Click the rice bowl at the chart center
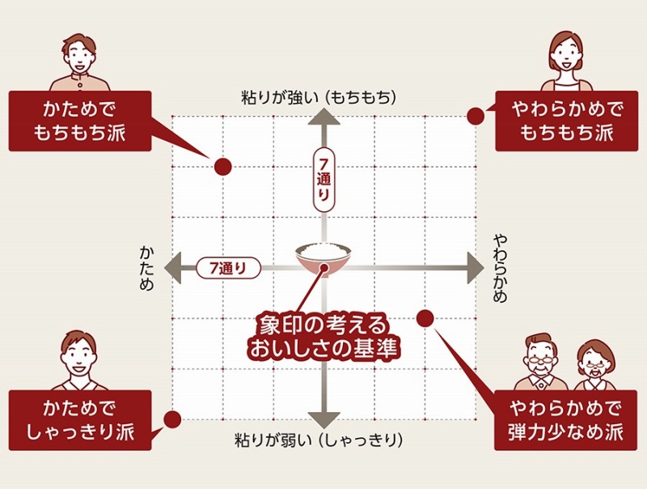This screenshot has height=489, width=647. pyautogui.click(x=323, y=257)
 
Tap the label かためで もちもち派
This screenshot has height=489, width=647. pyautogui.click(x=80, y=121)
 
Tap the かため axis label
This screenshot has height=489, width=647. pyautogui.click(x=147, y=265)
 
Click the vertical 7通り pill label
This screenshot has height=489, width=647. pyautogui.click(x=323, y=180)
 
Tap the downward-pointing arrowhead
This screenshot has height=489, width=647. pyautogui.click(x=323, y=419)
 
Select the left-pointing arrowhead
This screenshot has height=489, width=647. pyautogui.click(x=172, y=266)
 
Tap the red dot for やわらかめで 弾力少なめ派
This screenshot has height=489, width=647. pyautogui.click(x=425, y=317)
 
